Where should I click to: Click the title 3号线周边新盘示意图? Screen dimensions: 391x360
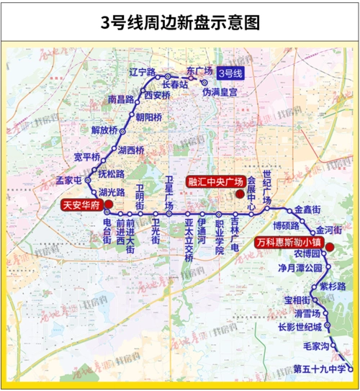(179, 22)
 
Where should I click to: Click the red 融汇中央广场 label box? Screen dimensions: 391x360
(215, 181)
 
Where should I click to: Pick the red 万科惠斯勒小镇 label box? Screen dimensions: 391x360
(287, 243)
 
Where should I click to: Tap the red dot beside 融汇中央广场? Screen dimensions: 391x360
(250, 181)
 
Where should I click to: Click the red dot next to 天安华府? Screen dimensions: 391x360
(107, 205)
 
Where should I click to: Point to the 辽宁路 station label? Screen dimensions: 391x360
(143, 73)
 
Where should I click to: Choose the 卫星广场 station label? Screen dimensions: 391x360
(170, 191)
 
